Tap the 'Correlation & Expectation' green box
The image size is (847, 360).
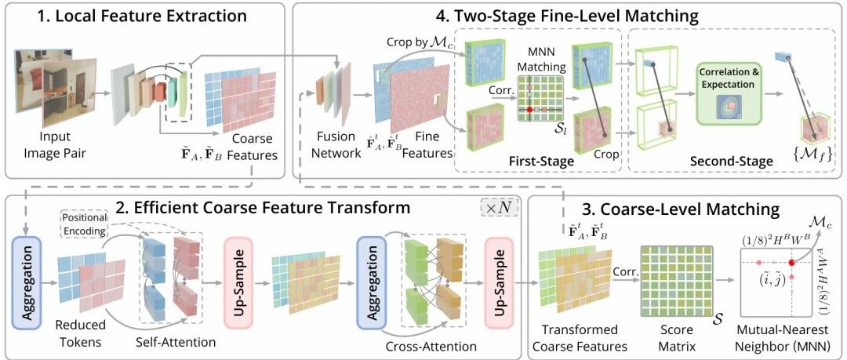727,94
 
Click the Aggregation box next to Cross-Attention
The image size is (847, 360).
370,282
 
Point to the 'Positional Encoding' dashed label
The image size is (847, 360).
83,224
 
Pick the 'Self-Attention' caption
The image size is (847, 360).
176,342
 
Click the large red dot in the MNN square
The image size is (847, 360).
791,262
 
